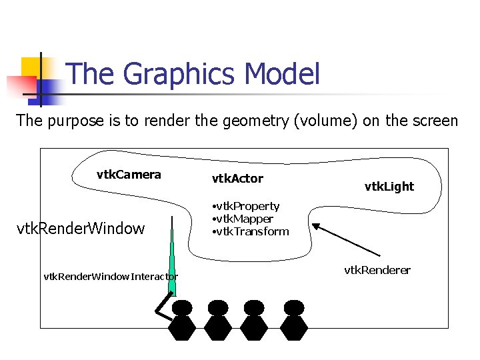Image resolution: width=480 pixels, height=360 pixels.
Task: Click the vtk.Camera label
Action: pos(129,175)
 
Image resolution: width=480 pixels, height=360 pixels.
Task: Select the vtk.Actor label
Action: pos(237,179)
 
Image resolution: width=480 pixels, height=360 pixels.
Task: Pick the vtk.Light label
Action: pos(389,187)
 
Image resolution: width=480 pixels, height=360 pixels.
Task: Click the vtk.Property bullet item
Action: pos(245,207)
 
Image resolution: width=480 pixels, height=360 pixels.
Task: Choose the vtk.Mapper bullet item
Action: pos(242,219)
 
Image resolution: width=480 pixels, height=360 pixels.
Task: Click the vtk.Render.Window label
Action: pos(80,229)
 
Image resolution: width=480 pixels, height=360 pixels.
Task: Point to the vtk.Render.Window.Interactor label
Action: pos(110,276)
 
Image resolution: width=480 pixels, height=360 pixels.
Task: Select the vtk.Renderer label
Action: pos(377,270)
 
